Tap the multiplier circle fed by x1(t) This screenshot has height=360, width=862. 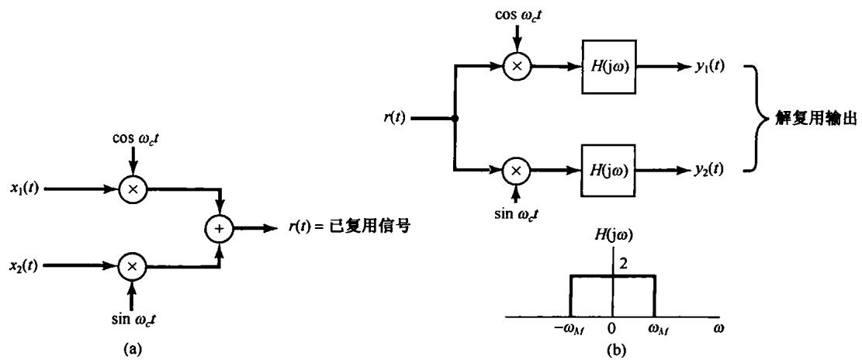tap(132, 188)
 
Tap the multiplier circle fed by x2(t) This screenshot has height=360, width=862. tap(132, 266)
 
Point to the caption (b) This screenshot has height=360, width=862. tap(611, 349)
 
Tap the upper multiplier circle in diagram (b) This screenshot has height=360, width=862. tap(517, 67)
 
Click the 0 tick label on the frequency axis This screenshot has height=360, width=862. tap(612, 328)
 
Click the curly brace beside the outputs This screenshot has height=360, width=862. tap(752, 119)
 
